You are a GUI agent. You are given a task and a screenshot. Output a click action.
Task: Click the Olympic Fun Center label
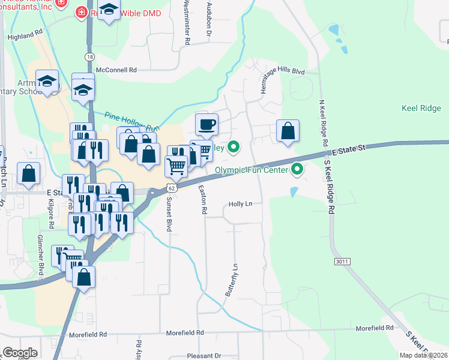[252, 170]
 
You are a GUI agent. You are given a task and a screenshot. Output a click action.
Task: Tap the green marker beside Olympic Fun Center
[296, 170]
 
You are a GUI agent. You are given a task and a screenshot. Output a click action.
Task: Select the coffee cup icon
[206, 125]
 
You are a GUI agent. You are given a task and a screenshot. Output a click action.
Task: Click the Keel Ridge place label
[421, 108]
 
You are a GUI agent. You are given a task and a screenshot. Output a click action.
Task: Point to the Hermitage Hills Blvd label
[283, 71]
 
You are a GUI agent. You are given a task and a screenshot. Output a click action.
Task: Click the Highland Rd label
[25, 37]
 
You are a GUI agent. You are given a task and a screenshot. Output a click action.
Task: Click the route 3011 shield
[342, 262]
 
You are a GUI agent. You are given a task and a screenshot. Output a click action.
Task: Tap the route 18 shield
[89, 56]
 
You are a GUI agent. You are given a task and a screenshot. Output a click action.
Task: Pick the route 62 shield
[172, 188]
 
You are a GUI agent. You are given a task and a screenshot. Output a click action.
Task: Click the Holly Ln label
[240, 204]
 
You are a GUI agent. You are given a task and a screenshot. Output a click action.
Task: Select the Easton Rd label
[204, 200]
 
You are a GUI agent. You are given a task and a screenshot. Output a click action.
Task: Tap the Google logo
[20, 353]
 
